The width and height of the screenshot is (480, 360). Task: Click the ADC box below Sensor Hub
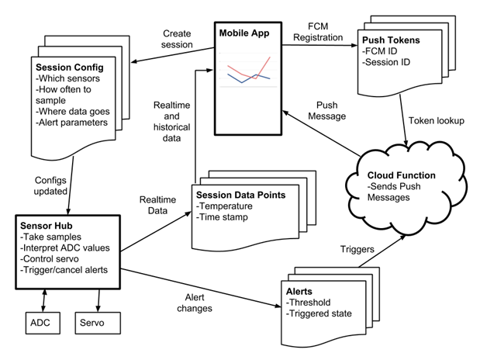coord(43,323)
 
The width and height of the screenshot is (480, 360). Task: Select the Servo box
coord(98,323)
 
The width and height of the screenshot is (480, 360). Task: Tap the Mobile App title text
coord(244,33)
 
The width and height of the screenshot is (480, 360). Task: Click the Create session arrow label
coord(177,39)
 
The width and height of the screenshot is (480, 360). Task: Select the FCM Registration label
coord(318,32)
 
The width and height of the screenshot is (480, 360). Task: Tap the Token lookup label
coord(437,121)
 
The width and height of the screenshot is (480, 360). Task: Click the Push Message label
coord(327,111)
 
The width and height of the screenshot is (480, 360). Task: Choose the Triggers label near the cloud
coord(357,249)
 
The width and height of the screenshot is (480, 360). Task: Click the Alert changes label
coord(195,303)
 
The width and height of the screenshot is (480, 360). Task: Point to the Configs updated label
coord(50,185)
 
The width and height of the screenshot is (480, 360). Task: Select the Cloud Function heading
coord(402,175)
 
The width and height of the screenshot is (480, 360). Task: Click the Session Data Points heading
coord(240,195)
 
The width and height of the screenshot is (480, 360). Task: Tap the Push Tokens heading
coord(391,40)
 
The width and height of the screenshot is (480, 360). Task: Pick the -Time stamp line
coord(222,217)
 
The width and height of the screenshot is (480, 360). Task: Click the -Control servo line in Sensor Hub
coord(50,259)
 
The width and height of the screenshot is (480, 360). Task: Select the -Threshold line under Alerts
coord(309,303)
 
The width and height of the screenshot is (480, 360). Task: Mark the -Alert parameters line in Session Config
coord(71,123)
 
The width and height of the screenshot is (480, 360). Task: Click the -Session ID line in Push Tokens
coord(386,62)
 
